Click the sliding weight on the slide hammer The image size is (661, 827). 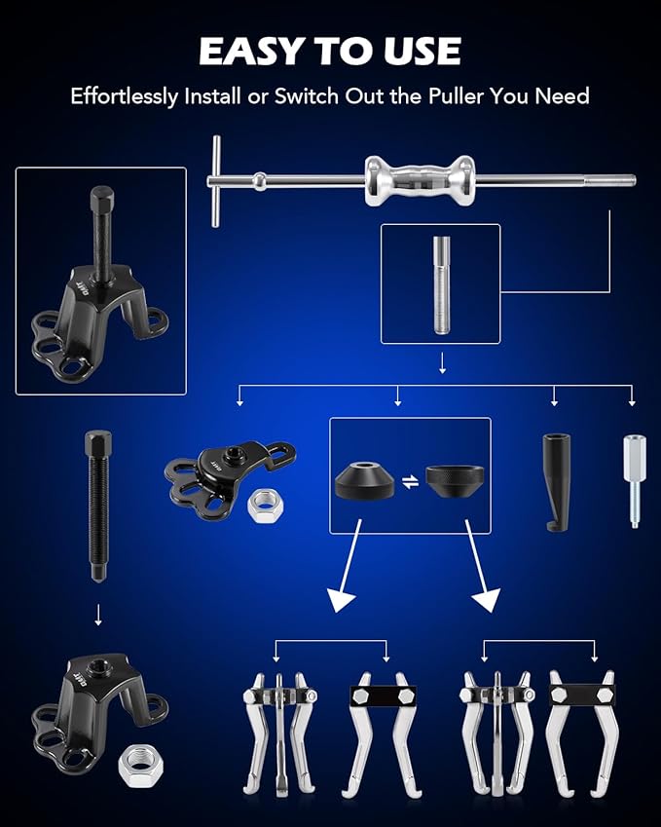click(410, 180)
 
